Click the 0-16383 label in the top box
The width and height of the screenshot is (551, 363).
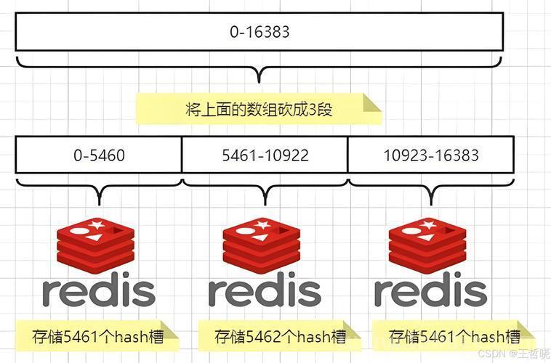point(260,32)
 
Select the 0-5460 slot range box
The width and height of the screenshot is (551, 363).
point(99,155)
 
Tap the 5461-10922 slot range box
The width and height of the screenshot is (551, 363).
point(265,155)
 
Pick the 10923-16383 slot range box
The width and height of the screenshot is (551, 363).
point(431,155)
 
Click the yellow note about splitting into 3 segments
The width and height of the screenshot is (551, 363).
point(258,109)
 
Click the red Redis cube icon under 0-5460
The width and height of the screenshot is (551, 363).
point(95,245)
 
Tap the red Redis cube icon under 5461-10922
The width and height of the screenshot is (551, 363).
point(262,245)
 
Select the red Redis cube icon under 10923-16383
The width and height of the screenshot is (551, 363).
point(427,245)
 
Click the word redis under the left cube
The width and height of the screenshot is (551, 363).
point(99,290)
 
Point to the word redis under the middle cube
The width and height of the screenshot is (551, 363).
point(265,290)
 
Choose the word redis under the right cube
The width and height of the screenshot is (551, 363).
point(430,290)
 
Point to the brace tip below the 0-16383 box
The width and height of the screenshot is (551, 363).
point(260,82)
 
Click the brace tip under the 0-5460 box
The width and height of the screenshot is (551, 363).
point(100,204)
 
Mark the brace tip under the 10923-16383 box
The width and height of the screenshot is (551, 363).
point(432,204)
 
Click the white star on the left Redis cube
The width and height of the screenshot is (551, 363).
point(96,224)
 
